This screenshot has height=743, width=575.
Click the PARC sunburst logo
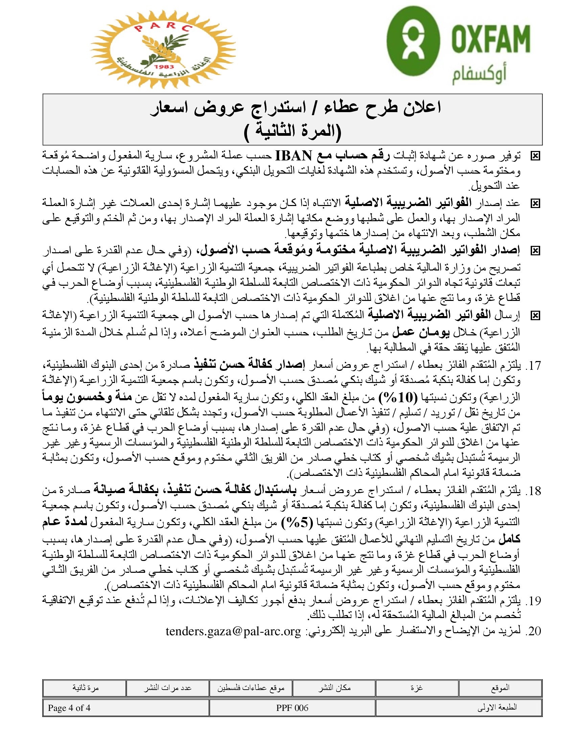click(x=163, y=49)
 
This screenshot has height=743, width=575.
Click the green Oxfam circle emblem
click(x=413, y=41)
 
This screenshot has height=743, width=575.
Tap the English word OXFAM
click(x=491, y=38)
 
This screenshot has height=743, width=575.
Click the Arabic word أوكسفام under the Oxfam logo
click(x=479, y=76)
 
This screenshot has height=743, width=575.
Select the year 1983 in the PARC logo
click(x=164, y=67)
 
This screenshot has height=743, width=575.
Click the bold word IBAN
click(x=293, y=156)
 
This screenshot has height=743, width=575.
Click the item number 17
click(x=534, y=366)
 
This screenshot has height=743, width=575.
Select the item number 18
click(x=534, y=491)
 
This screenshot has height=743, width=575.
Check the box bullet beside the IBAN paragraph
click(x=535, y=156)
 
